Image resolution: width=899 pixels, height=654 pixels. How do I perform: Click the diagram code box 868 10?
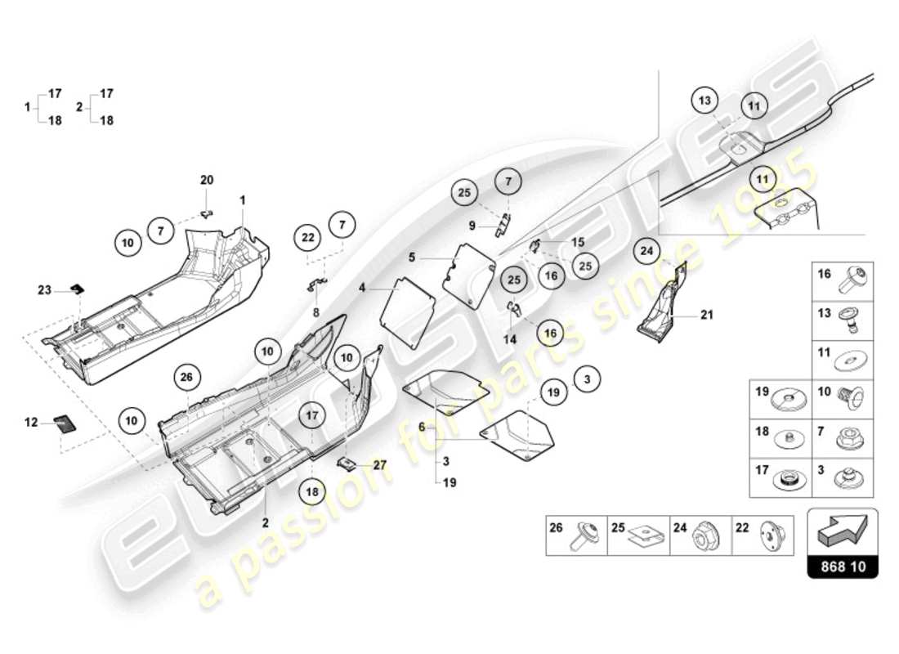tap(843, 565)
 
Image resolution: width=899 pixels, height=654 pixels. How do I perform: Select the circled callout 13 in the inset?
tap(705, 102)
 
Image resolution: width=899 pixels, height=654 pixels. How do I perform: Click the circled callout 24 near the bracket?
tap(647, 251)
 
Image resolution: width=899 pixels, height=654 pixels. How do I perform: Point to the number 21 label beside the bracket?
tap(706, 314)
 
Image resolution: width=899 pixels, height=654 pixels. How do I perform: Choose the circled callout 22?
tap(308, 237)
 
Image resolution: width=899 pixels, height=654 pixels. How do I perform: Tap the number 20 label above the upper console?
tap(207, 180)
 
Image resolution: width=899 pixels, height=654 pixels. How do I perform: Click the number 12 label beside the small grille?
tap(32, 422)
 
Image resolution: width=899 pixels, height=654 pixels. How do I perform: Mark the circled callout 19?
tap(554, 393)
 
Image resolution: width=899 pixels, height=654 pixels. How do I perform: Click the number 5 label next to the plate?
tap(413, 257)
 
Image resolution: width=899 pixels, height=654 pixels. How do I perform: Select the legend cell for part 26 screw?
tap(576, 535)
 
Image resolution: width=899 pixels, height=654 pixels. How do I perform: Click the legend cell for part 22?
tap(763, 535)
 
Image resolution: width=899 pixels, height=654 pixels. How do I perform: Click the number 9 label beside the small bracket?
tap(472, 225)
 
